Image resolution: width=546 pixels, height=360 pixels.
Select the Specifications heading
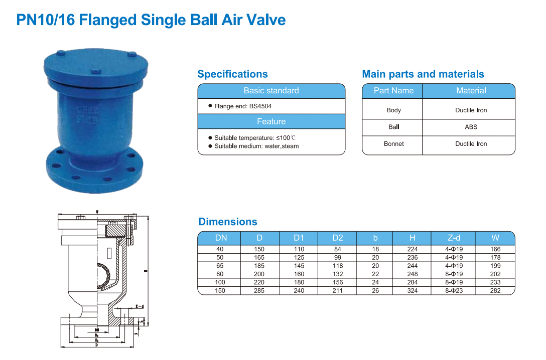232,74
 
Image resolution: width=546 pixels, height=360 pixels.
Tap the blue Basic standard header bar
271,91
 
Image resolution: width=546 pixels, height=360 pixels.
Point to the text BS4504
260,106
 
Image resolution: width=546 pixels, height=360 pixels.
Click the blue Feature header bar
271,121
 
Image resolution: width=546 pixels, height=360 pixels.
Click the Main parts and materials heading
423,74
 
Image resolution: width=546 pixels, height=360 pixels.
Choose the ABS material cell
471,127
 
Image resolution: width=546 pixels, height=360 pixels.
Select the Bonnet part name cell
393,144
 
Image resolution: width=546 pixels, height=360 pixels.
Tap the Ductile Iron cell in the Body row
471,110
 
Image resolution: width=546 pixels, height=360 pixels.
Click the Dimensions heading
228,222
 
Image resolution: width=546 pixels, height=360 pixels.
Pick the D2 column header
338,238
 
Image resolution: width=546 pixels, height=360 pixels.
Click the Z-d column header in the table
454,238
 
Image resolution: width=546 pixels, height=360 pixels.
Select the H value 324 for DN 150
412,291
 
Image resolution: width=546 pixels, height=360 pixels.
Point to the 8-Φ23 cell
454,291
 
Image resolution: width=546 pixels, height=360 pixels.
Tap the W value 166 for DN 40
495,249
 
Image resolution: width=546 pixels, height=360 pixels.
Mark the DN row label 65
220,266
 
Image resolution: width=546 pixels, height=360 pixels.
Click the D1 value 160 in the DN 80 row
299,274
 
